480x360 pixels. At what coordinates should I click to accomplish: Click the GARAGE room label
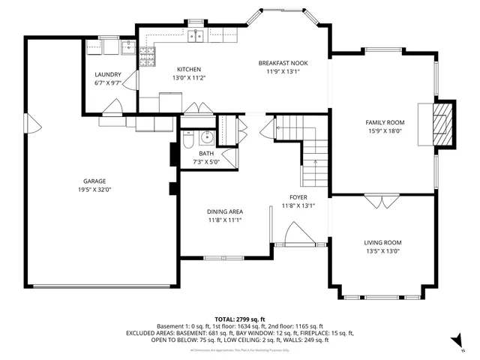94,181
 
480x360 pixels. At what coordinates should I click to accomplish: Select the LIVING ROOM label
382,242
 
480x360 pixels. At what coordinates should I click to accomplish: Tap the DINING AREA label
224,212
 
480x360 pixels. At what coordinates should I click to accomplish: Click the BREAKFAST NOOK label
282,63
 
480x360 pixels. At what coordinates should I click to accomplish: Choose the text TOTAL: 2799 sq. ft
240,319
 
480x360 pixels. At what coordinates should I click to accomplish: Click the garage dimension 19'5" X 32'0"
94,190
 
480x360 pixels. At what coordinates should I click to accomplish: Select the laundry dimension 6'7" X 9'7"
108,83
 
